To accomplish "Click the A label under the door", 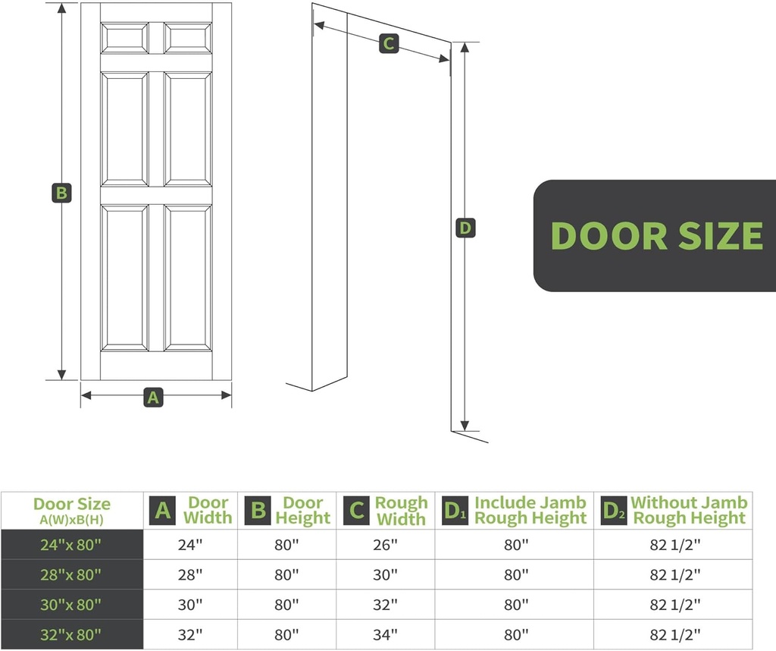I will (154, 396).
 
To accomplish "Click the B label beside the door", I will (61, 193).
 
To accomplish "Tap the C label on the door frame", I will (388, 44).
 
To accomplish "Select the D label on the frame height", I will (465, 228).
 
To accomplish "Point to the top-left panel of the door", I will (125, 39).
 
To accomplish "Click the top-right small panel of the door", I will (188, 39).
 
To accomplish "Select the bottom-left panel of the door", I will (125, 278).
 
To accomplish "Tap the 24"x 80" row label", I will (71, 545).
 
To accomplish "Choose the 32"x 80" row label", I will (71, 634).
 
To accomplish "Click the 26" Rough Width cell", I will (385, 545).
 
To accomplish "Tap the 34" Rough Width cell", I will (385, 634).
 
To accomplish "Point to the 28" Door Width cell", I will (190, 574).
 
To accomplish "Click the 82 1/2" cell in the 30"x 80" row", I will (674, 604).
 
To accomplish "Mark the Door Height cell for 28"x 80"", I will (286, 574).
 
